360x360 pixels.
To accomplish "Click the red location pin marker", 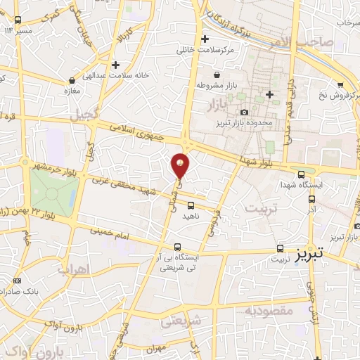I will (181, 165).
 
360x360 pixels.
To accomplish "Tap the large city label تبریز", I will (309, 251).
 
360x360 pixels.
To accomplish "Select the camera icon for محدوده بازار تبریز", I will (244, 112).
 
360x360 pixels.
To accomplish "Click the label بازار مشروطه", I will (210, 85).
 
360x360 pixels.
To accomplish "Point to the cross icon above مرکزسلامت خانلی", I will (205, 39).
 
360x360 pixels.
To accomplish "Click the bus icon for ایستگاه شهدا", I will (302, 174).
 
